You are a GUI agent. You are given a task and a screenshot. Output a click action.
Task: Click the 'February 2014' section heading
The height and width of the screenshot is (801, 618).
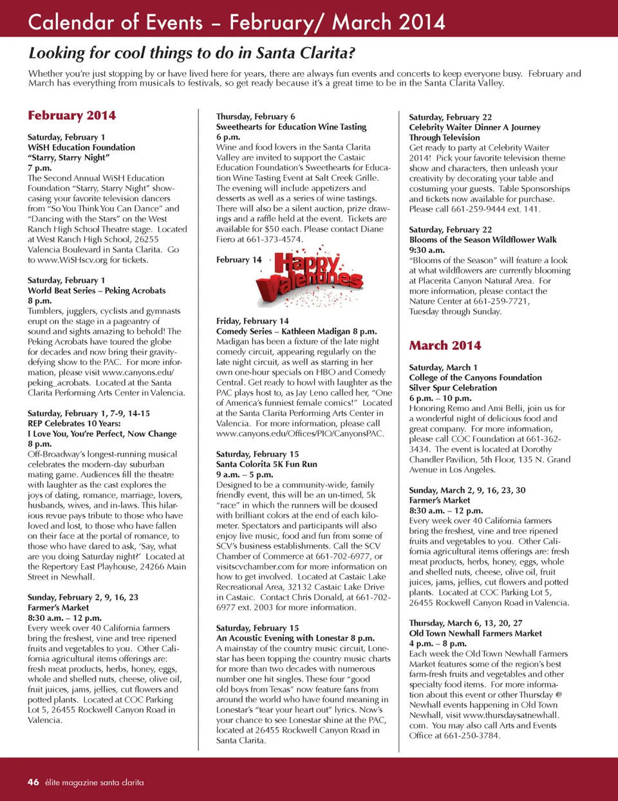pos(71,116)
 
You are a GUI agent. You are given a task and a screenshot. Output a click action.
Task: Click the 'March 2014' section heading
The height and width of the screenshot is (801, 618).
pos(445,345)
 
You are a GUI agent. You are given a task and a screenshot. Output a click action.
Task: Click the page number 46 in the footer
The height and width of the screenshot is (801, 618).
pos(33,782)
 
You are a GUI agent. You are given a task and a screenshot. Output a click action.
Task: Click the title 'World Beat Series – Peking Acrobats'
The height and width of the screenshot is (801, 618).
pos(97,291)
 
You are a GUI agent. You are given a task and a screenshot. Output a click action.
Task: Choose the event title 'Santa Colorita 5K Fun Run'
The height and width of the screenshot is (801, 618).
pos(267,464)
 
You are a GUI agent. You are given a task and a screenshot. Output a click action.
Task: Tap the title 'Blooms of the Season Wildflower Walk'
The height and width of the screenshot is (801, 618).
pos(483,239)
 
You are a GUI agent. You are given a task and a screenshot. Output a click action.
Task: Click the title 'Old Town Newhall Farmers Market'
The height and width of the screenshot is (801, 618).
pos(475,633)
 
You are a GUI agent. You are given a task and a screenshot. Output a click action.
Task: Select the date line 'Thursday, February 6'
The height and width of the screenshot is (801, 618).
pos(256,116)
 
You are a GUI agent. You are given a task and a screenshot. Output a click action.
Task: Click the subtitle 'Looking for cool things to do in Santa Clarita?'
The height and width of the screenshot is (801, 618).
pos(192,53)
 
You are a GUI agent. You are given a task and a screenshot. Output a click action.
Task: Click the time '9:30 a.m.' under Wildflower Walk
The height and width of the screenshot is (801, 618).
pos(427,250)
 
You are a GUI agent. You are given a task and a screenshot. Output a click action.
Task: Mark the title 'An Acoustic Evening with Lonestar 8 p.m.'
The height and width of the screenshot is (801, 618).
pos(295,638)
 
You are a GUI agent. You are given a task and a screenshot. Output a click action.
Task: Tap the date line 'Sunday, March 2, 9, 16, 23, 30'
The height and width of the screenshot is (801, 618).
pos(467,490)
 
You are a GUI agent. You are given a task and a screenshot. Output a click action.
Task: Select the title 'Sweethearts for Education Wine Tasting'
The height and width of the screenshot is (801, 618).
pos(291,127)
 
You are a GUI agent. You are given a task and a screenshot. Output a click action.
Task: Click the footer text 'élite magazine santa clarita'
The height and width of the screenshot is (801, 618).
pos(95,782)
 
